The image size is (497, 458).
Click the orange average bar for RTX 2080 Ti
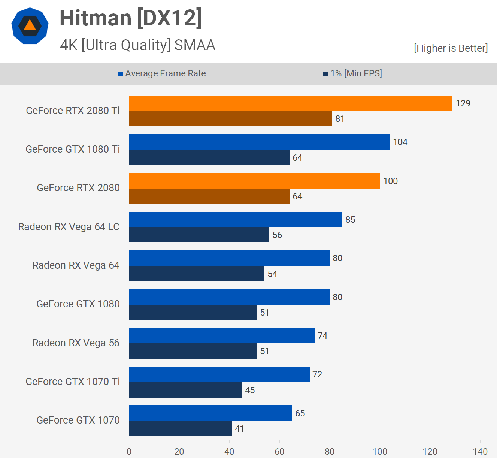point(291,103)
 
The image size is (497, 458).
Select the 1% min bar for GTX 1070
point(180,428)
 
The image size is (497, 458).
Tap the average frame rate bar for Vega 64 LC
point(236,219)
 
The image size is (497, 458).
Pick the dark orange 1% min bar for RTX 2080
point(209,196)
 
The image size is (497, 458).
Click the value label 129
point(463,103)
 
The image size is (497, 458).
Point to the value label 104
point(400,142)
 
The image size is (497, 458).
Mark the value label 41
point(239,429)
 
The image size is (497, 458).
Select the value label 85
point(350,220)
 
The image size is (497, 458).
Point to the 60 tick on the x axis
point(279,451)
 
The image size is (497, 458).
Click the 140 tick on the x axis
point(480,451)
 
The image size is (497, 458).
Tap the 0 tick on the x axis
point(129,451)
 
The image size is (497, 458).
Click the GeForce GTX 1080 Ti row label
point(73,149)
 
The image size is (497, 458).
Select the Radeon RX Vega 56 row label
point(76,343)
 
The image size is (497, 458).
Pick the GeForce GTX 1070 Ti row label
point(73,382)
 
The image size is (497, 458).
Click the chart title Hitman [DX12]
point(131,18)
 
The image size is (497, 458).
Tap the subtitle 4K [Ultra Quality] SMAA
point(137,45)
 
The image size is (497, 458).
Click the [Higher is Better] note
point(451,48)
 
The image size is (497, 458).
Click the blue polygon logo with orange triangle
point(30,26)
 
